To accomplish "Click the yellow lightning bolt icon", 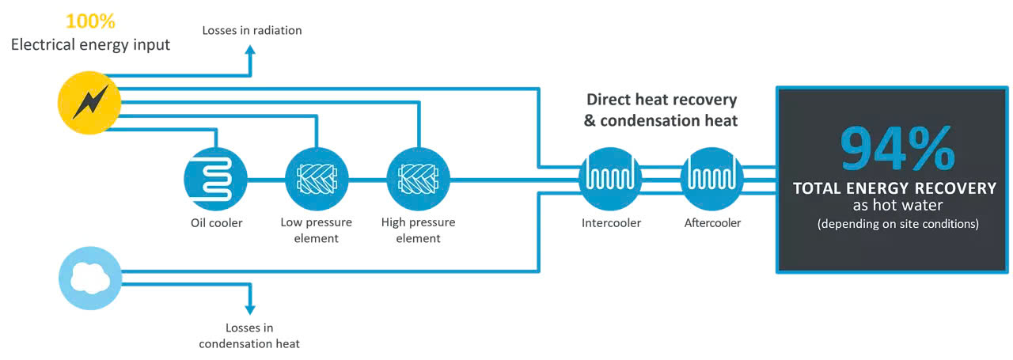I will point(89,103).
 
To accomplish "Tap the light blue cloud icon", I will point(91,278).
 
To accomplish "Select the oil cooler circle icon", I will point(215,180).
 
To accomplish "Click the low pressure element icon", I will point(317,180).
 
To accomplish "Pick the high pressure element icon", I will point(418,180).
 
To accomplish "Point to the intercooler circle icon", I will point(610,180).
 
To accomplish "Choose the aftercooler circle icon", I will point(712,180).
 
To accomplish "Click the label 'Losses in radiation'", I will point(252,31).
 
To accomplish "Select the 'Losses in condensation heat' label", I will point(249,335).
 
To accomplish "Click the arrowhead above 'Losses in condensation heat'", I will point(251,308).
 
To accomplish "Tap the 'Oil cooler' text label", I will point(216,223).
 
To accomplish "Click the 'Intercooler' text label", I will point(610,223).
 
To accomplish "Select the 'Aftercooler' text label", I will point(712,223).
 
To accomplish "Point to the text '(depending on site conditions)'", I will point(897,224).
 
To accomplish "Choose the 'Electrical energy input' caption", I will point(90,44).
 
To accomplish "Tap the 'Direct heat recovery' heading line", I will point(661,100).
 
